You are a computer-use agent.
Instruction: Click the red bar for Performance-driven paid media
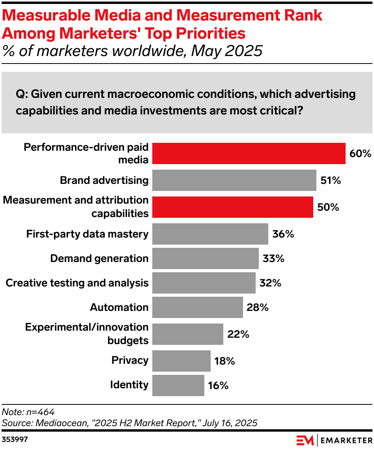click(249, 153)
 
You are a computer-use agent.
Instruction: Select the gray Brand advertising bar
click(234, 180)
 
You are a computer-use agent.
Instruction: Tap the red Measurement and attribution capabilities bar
click(232, 207)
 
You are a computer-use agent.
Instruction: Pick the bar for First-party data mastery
click(210, 234)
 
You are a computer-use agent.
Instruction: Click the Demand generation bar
click(205, 258)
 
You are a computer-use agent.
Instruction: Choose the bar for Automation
click(197, 307)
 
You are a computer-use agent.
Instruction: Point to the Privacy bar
click(181, 361)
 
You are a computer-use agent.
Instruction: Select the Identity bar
click(178, 385)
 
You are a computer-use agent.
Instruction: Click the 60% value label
click(360, 153)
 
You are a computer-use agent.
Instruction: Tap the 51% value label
click(331, 181)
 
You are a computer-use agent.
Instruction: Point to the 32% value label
click(270, 283)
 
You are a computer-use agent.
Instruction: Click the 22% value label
click(238, 334)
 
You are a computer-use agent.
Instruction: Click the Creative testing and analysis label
click(77, 283)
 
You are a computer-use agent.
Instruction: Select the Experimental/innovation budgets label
click(87, 334)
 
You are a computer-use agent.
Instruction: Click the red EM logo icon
click(305, 440)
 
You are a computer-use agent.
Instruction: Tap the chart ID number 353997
click(15, 439)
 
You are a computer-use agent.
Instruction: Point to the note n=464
click(28, 412)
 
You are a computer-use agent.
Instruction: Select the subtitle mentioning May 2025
click(132, 51)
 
